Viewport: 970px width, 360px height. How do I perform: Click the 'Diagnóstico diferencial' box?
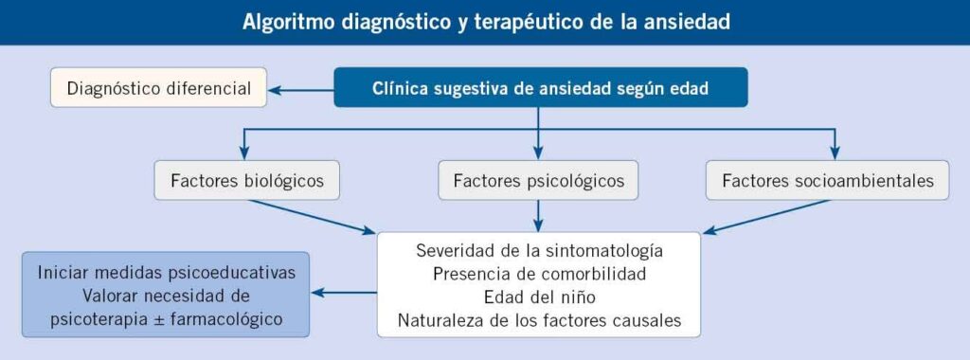[158, 88]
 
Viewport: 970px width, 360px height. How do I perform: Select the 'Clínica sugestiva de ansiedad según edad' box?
[541, 88]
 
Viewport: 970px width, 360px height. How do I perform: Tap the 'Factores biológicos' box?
[247, 181]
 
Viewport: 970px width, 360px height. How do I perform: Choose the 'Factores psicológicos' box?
[538, 181]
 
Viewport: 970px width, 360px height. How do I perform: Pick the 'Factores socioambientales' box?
[827, 181]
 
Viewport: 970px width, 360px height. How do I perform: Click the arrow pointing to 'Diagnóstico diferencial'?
[300, 90]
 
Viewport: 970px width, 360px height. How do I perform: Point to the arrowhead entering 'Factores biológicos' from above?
[244, 153]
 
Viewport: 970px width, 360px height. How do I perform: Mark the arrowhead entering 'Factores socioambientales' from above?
[835, 153]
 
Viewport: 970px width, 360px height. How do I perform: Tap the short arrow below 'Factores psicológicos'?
[538, 216]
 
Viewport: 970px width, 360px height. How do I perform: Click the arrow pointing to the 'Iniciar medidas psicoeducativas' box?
[344, 293]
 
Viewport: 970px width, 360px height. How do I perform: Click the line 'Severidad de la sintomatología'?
[539, 250]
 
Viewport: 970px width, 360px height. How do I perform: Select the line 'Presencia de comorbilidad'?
[539, 274]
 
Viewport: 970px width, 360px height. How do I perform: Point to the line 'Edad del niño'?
[539, 297]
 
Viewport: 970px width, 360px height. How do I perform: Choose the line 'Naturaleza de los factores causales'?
[539, 320]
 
